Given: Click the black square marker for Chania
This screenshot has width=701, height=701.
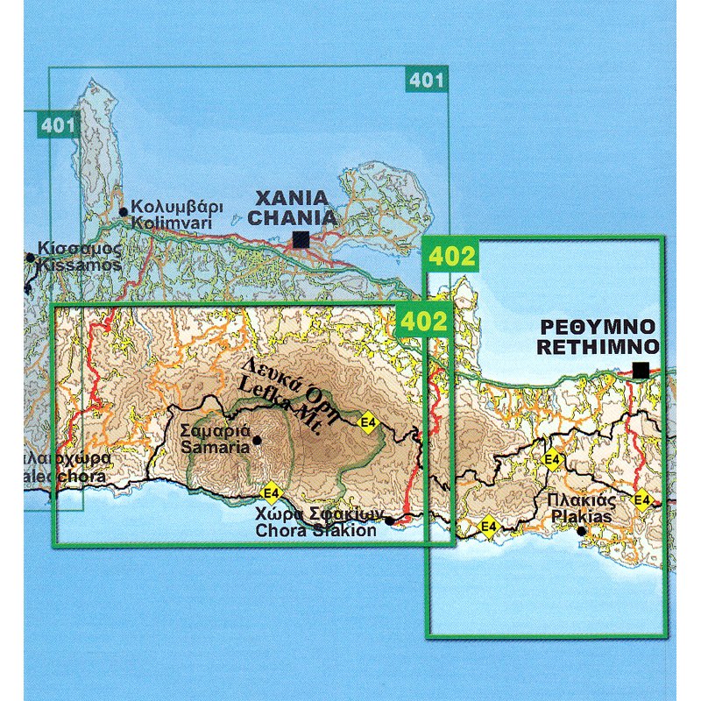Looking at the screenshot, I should point(301,238).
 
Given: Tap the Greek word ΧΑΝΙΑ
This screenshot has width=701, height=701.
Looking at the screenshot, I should point(292,197).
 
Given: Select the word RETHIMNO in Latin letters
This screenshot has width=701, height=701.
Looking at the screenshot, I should point(598,347).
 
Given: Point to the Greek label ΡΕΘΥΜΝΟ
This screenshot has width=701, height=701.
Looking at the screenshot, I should point(598,328).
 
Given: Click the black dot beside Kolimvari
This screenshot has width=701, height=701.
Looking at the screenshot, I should point(123,210).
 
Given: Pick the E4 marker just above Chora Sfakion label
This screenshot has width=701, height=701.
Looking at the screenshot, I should point(272,490).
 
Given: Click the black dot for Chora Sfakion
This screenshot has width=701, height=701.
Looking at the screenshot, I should point(389,520).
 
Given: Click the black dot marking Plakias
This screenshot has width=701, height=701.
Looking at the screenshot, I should point(580,530).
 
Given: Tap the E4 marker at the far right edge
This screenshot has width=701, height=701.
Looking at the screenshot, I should point(643,500).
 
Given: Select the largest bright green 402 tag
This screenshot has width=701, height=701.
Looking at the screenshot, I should point(452,257).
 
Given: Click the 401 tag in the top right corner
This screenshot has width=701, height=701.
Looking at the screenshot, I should point(427,81).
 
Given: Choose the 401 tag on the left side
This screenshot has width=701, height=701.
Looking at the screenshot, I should point(58,126).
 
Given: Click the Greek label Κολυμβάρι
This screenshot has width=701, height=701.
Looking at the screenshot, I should point(176,208).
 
